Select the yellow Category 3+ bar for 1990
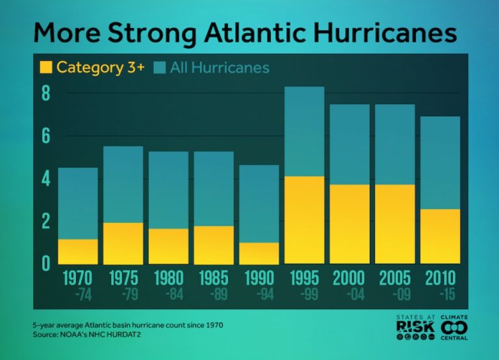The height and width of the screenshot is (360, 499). point(259,253)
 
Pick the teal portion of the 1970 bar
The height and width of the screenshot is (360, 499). point(78,203)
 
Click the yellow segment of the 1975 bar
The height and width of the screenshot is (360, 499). point(123,243)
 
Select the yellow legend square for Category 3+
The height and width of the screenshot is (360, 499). point(46,66)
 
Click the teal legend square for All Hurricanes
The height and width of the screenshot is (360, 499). point(160,67)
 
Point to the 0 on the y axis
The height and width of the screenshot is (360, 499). point(46,263)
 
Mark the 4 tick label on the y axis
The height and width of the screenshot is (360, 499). point(46,179)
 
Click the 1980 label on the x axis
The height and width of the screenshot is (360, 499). point(168,277)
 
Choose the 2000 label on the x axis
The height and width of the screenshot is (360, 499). point(349,277)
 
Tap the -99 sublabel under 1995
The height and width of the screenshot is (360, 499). point(304,294)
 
